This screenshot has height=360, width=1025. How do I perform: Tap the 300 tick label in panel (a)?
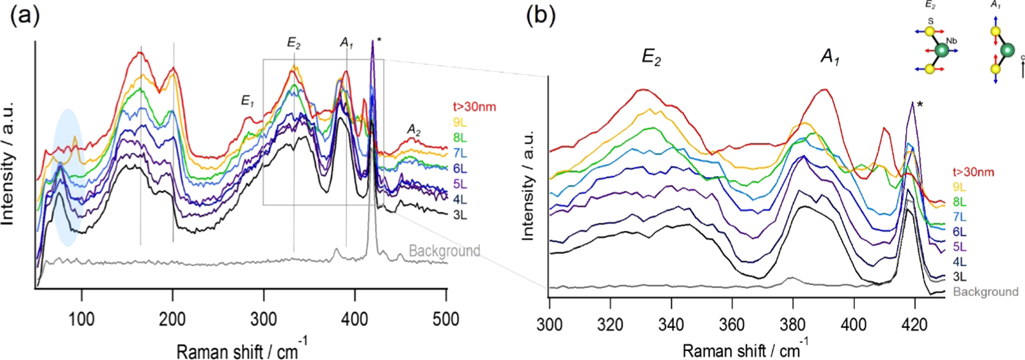(263, 319)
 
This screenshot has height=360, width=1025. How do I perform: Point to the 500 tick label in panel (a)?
(446, 319)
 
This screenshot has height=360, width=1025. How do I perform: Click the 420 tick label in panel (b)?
(914, 324)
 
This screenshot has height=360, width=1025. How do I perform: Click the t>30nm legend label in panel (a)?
(474, 107)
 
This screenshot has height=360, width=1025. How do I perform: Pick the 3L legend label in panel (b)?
(959, 276)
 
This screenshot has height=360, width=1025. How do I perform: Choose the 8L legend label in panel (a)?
(459, 138)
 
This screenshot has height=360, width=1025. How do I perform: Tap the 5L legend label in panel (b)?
(959, 247)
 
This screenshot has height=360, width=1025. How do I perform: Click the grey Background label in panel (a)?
(444, 251)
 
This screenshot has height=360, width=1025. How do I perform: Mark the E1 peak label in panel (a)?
(247, 101)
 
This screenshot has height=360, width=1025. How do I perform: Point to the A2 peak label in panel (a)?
(414, 130)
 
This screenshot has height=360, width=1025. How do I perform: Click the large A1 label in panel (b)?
(830, 56)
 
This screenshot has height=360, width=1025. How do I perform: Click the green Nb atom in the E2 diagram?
(941, 50)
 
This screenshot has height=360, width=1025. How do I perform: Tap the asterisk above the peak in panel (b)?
(920, 105)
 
